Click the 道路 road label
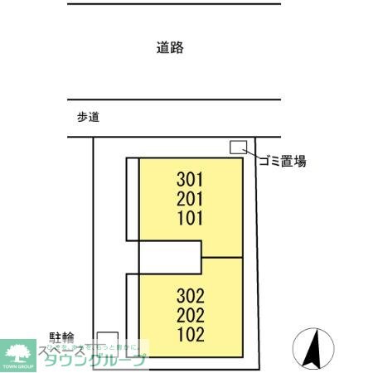pyautogui.click(x=169, y=48)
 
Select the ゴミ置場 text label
pyautogui.click(x=282, y=161)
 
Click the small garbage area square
pyautogui.click(x=238, y=147)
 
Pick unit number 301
pyautogui.click(x=190, y=178)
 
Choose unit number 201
pyautogui.click(x=190, y=198)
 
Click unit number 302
pyautogui.click(x=190, y=296)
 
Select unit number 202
pyautogui.click(x=190, y=316)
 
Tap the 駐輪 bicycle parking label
pyautogui.click(x=61, y=337)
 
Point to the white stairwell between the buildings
pyautogui.click(x=169, y=256)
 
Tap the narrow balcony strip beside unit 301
pyautogui.click(x=132, y=197)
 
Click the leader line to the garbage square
pyautogui.click(x=251, y=153)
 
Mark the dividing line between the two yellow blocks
pyautogui.click(x=222, y=257)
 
